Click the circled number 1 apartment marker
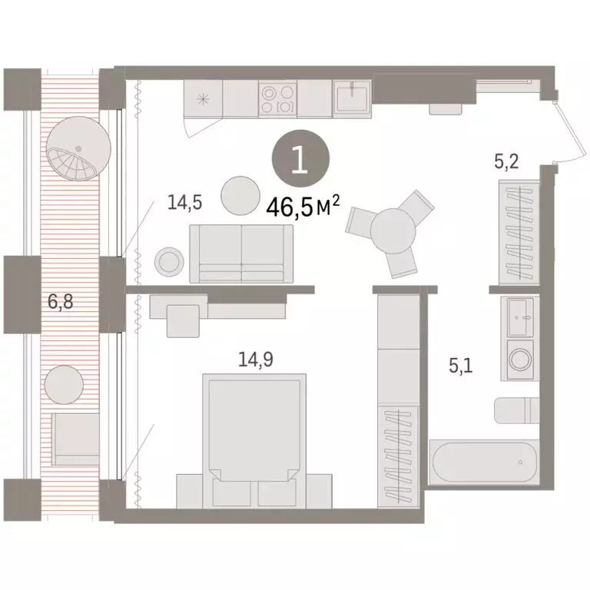[x=300, y=161]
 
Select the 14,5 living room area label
[x=184, y=203]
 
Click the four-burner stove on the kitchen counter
[x=277, y=99]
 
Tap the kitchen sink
[x=353, y=99]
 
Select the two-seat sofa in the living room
[x=241, y=254]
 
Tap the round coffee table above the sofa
[x=240, y=195]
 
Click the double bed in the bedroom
[x=250, y=430]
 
